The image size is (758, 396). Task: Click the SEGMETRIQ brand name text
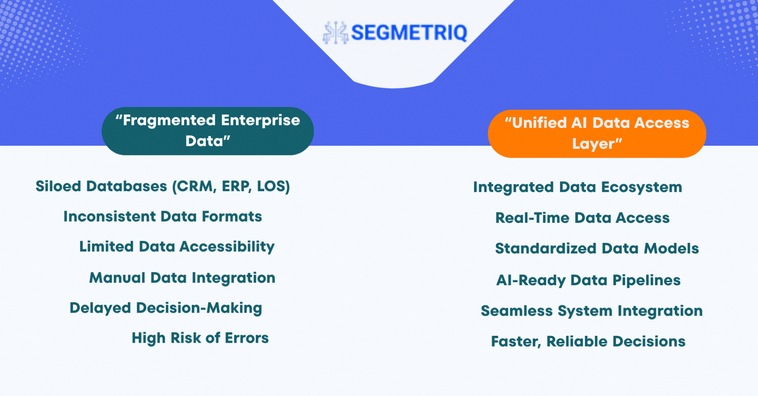pos(409,32)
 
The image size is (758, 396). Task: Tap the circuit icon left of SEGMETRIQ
pos(336,32)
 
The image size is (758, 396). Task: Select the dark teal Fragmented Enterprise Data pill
pos(208,131)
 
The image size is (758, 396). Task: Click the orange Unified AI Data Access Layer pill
pos(597,134)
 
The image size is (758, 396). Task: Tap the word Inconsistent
pos(110,216)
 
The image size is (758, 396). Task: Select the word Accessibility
pos(227,247)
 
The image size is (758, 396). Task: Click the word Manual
pos(117,278)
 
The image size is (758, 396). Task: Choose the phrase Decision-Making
pos(199,308)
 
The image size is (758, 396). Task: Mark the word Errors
pos(247,338)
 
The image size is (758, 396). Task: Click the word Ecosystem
pos(642,187)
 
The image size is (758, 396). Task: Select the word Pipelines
pos(647,280)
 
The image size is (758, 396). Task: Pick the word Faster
pos(516,342)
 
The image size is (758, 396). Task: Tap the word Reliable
pos(577,342)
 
